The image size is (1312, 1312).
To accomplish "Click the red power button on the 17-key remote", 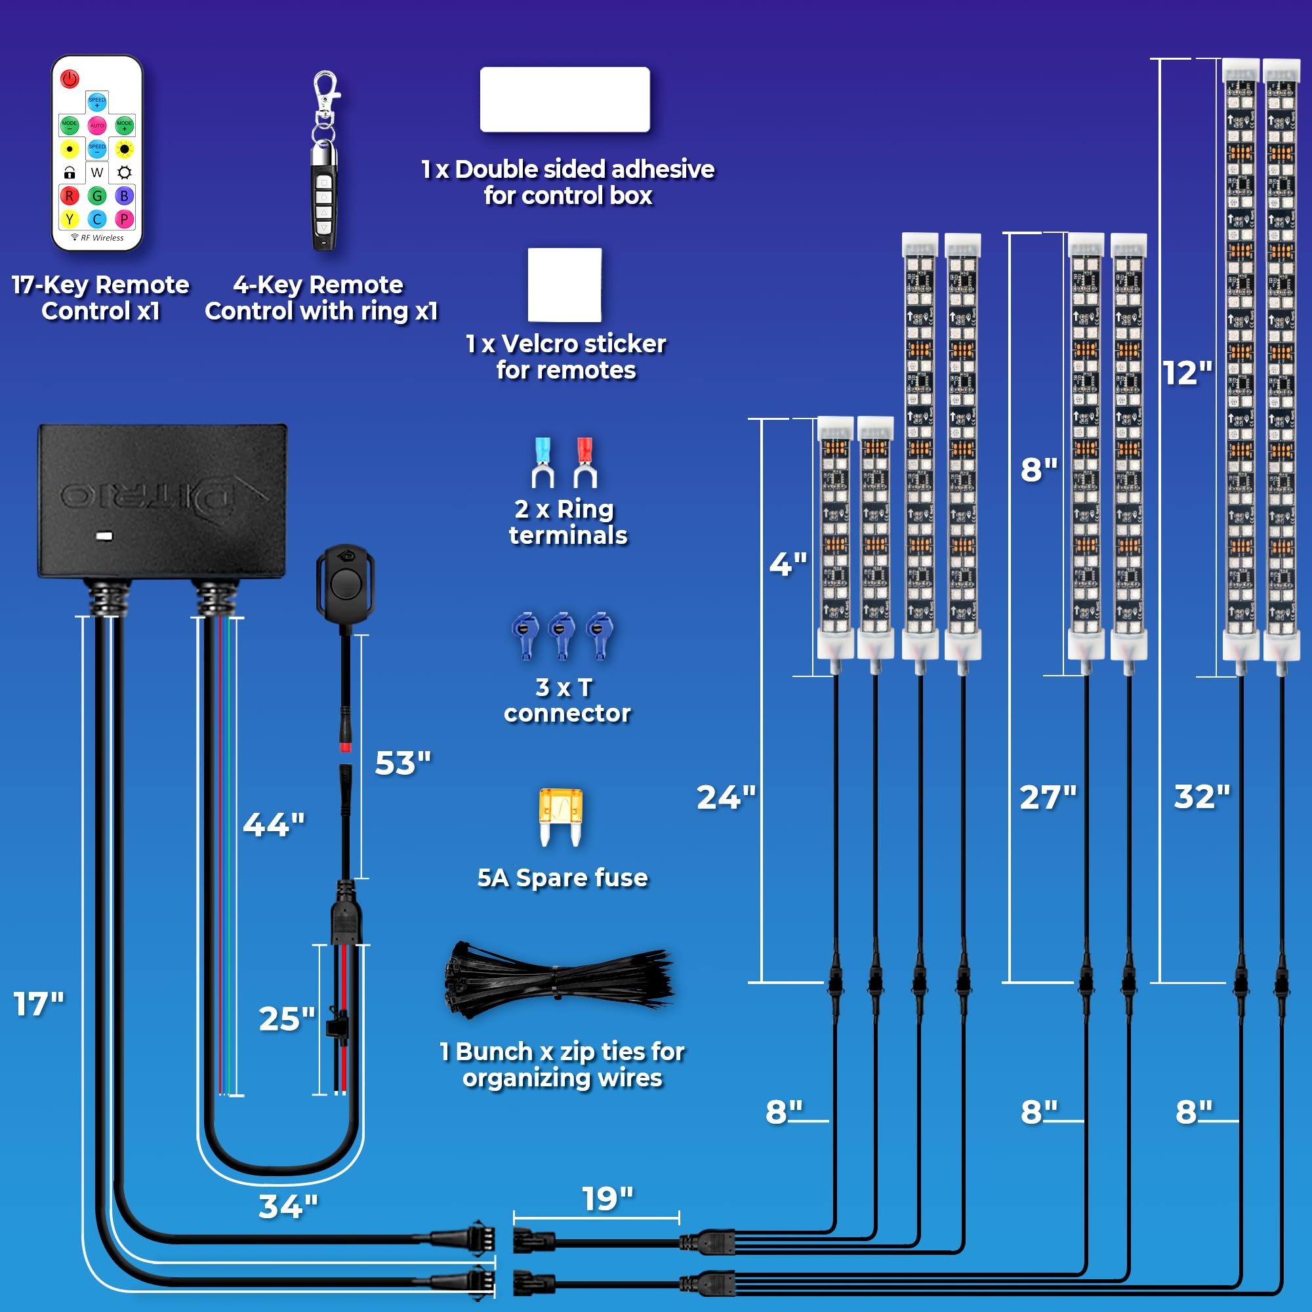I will click(x=70, y=79).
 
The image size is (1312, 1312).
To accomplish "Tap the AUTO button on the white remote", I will click(x=97, y=126).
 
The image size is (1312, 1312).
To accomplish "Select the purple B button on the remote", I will click(x=123, y=196).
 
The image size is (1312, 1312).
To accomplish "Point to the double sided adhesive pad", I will click(x=564, y=99).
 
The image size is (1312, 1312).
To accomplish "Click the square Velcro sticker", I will click(x=564, y=285).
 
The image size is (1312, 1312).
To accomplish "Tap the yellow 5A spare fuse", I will click(x=560, y=815).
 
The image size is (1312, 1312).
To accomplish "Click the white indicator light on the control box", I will click(x=104, y=536).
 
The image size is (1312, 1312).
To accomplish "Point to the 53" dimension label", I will click(x=403, y=764).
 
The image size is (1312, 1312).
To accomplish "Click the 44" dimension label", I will click(x=274, y=825).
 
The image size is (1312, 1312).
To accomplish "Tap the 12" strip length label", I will click(x=1187, y=373).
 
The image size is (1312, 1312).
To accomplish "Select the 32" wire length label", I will click(x=1202, y=796).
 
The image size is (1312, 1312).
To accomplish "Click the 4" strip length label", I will click(x=788, y=564).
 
